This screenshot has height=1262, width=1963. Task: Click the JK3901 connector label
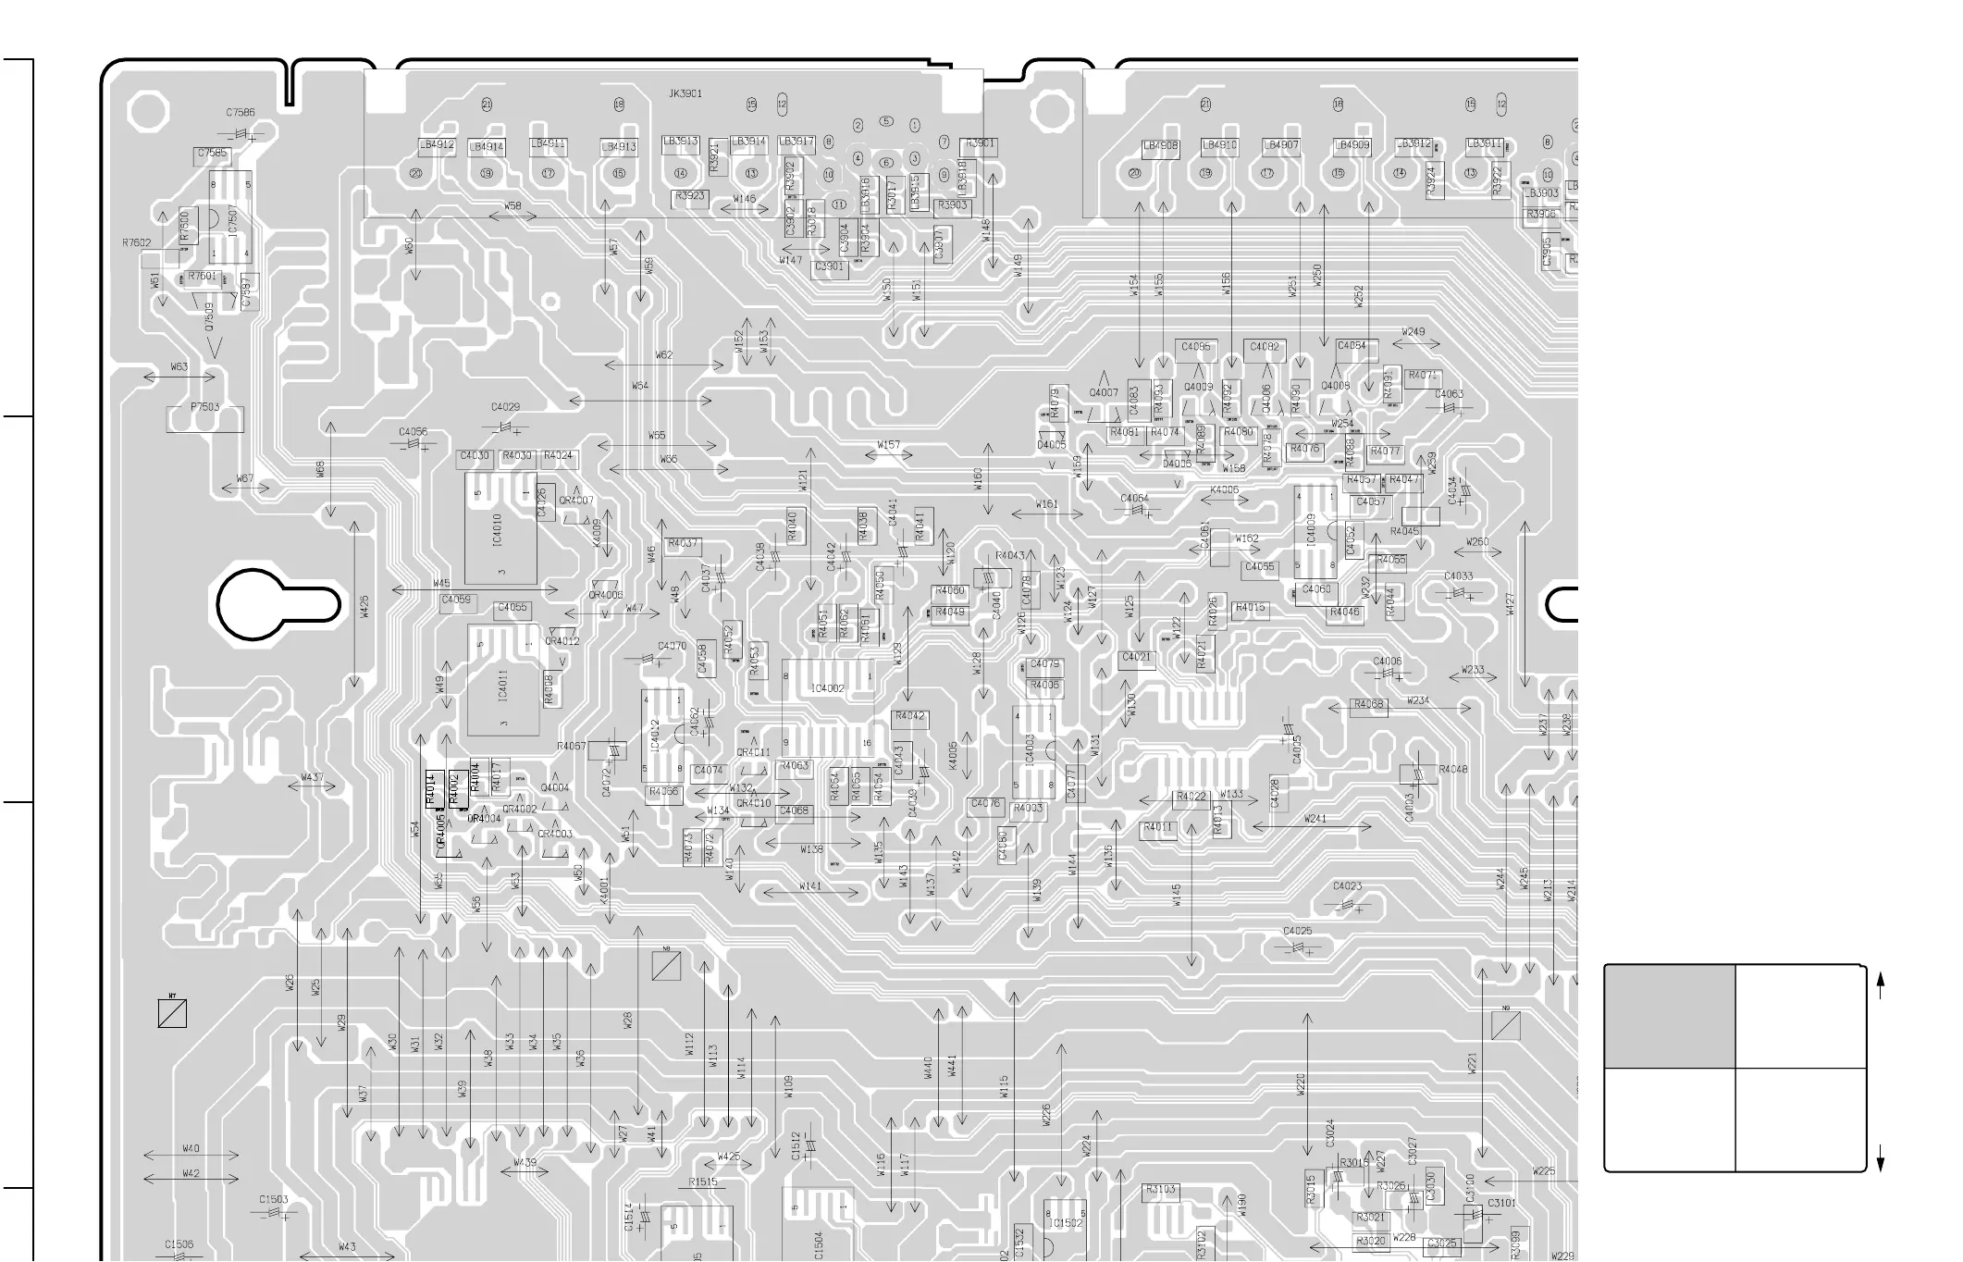click(x=685, y=93)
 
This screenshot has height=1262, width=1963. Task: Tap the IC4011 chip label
click(x=502, y=686)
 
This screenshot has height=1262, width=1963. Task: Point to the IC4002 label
click(x=827, y=688)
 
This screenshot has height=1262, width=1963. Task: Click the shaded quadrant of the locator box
click(x=1669, y=1017)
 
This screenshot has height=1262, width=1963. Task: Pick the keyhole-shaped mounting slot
click(x=278, y=605)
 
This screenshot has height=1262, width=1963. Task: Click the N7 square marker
click(x=172, y=1013)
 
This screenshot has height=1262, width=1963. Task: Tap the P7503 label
click(x=205, y=407)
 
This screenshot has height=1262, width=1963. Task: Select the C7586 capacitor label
click(x=240, y=113)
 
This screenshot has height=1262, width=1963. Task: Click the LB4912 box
click(x=437, y=145)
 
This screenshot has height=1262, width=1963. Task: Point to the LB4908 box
click(x=1160, y=146)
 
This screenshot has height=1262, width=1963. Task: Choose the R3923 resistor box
click(x=690, y=196)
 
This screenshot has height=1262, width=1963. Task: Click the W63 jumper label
click(x=179, y=367)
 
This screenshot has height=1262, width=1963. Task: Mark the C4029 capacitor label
click(x=505, y=407)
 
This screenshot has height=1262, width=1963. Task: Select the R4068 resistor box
click(x=1368, y=705)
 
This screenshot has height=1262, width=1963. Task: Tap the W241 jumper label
click(x=1315, y=819)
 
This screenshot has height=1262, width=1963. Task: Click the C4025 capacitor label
click(x=1297, y=931)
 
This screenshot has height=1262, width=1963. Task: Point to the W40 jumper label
click(x=191, y=1148)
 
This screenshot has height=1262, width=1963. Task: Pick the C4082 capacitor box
click(x=1265, y=348)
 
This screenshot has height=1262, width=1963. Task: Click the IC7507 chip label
click(x=232, y=220)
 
